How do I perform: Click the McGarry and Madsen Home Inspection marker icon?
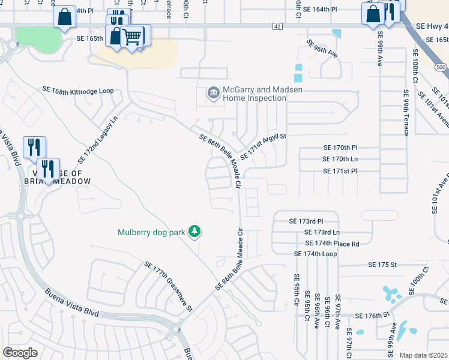pyautogui.click(x=213, y=93)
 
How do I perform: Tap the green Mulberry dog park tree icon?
pyautogui.click(x=194, y=231)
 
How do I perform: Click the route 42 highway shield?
pyautogui.click(x=276, y=26)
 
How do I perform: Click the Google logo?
pyautogui.click(x=20, y=353)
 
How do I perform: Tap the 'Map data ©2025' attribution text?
pyautogui.click(x=423, y=355)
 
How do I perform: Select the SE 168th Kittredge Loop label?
pyautogui.click(x=77, y=91)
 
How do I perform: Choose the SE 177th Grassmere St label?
pyautogui.click(x=167, y=286)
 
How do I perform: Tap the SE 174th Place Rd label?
pyautogui.click(x=332, y=244)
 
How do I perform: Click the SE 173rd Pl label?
pyautogui.click(x=306, y=221)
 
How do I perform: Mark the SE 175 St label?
pyautogui.click(x=382, y=265)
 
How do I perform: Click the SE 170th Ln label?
pyautogui.click(x=340, y=159)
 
